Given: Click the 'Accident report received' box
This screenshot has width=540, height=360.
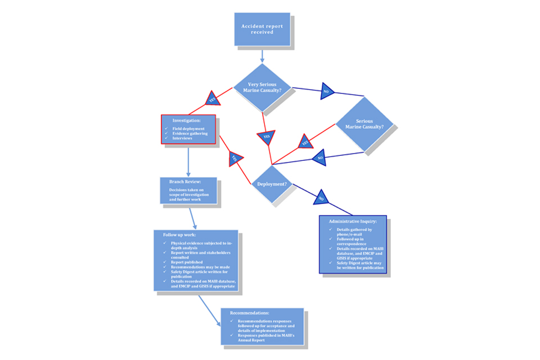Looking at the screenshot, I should [262, 29].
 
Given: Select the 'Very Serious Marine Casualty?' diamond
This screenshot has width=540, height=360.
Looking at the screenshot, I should [262, 87].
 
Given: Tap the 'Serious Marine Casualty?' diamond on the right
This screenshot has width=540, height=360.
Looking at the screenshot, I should [364, 124].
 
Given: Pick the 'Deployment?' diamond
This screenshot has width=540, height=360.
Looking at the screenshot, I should [272, 184].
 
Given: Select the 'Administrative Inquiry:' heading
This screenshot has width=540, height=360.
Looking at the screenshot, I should [353, 221].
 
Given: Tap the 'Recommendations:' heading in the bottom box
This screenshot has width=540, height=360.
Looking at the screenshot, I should [249, 312].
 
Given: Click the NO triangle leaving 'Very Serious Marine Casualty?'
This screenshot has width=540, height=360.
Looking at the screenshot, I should [326, 91].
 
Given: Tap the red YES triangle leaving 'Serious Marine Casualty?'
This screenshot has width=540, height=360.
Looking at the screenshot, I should [305, 142].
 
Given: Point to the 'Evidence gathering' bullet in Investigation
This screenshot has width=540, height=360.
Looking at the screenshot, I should [190, 133].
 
